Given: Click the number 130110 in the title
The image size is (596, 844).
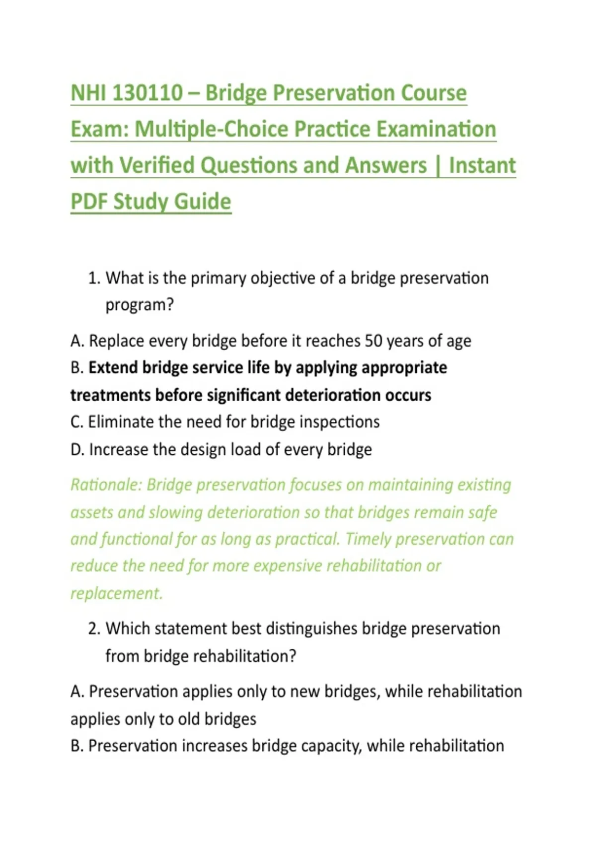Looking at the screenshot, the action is coord(148,92).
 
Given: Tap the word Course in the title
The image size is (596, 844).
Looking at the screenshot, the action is coord(434,92).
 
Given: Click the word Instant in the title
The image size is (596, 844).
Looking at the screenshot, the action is coord(482,165).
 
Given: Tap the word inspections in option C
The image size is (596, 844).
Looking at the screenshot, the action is coord(339,422).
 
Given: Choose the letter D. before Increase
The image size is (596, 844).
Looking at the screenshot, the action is coord(77,449).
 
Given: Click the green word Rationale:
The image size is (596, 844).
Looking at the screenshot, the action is coord(106,485).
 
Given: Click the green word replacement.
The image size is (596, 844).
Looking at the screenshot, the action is coord(117,594).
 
